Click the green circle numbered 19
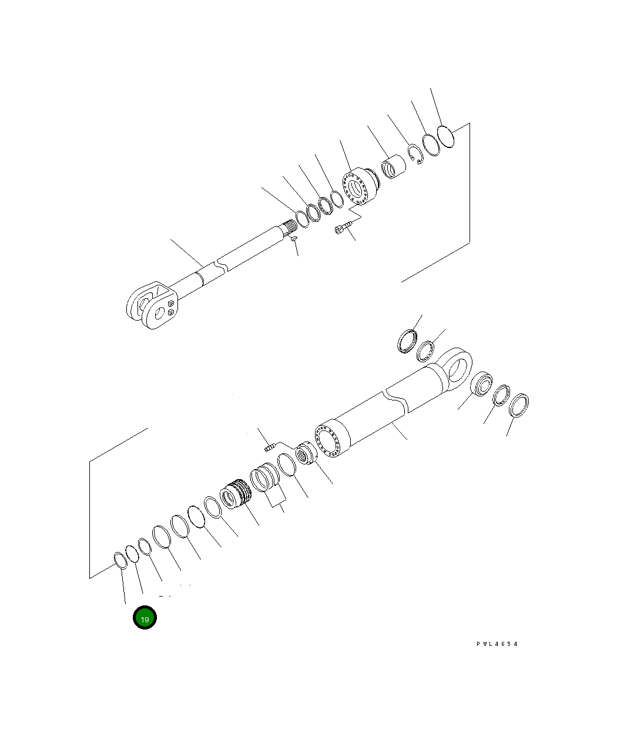click(145, 618)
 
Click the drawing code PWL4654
click(497, 644)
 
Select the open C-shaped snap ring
click(416, 154)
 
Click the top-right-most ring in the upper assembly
click(447, 136)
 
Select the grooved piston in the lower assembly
click(236, 494)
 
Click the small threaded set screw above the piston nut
click(270, 448)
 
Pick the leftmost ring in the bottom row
click(119, 560)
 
